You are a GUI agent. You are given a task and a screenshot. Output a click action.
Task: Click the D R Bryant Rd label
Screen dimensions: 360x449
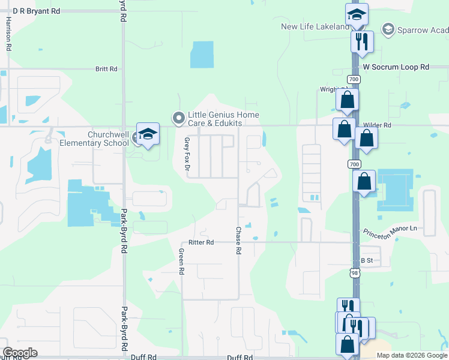(36, 11)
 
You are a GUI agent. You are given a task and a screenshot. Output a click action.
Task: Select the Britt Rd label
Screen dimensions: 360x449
(106, 69)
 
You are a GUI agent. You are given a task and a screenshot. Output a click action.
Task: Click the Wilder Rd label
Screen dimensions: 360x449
(377, 125)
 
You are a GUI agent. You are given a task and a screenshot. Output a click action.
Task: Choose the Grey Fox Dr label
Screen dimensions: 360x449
(187, 154)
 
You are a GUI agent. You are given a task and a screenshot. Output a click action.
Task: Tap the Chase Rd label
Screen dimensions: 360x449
(238, 240)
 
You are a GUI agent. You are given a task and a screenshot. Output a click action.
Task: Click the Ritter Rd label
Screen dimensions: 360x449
(201, 242)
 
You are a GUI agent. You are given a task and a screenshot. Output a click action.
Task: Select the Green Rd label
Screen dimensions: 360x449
(181, 262)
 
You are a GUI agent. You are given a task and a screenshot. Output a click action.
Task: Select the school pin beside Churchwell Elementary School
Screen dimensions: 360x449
(148, 134)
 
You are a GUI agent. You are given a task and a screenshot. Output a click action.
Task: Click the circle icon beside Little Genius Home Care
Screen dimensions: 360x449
(178, 118)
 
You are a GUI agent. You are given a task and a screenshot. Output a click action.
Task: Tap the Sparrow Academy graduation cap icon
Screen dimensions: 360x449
(388, 29)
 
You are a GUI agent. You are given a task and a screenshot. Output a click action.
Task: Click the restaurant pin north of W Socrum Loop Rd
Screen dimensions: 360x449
(362, 41)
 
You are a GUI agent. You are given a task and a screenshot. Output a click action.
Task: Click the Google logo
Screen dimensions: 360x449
(20, 353)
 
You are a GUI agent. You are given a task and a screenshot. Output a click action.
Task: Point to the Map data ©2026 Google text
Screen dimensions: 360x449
(411, 355)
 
